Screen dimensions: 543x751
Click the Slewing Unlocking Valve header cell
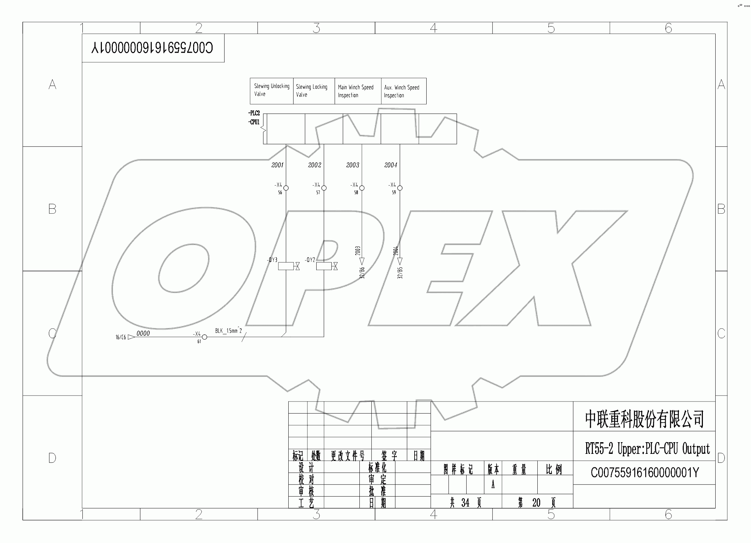(271, 91)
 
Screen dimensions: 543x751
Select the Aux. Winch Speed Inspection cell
(403, 91)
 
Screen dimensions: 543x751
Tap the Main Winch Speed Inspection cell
(358, 91)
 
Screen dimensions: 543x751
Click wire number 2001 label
(277, 165)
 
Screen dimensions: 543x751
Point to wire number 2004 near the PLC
(391, 165)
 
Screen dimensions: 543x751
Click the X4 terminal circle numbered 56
(286, 188)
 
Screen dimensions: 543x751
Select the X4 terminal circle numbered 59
(400, 188)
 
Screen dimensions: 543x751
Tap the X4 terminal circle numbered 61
(204, 337)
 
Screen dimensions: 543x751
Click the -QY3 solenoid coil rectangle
(286, 266)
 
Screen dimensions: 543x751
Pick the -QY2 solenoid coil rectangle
(324, 266)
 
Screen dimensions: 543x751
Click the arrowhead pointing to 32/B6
(362, 261)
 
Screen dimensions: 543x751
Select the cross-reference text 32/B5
(400, 273)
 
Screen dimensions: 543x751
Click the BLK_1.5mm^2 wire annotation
(229, 331)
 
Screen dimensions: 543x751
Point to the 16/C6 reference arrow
(131, 337)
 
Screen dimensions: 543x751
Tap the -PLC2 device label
(254, 113)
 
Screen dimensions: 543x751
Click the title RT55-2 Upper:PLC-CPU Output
(647, 449)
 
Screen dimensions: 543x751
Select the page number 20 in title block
(536, 503)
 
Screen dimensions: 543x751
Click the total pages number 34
(465, 503)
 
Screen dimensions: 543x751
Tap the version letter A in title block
(493, 485)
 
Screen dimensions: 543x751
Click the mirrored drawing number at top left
(152, 48)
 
